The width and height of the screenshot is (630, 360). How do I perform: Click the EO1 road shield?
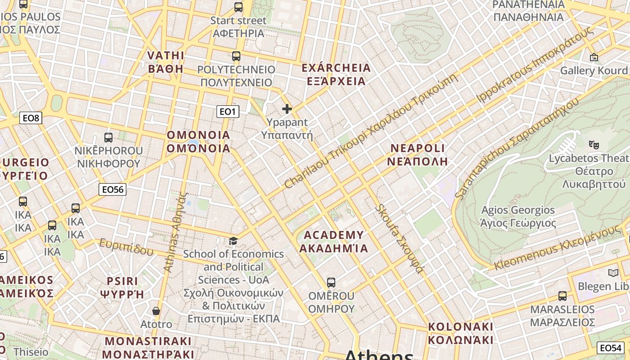[x=228, y=112]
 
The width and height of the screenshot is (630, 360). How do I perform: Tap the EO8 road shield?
[x=31, y=118]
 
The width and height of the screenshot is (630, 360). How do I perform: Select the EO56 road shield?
[x=112, y=189]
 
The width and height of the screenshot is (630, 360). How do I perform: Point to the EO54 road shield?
[x=611, y=348]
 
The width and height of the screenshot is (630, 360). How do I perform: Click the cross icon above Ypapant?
[x=287, y=109]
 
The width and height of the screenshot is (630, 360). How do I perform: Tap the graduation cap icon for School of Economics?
[x=233, y=241]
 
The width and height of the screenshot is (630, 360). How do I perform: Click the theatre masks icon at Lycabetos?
[x=594, y=145]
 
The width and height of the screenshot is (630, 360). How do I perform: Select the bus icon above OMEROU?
[x=331, y=283]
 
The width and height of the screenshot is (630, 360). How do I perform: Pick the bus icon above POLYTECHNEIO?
[x=236, y=56]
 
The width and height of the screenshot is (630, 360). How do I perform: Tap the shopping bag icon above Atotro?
[x=156, y=311]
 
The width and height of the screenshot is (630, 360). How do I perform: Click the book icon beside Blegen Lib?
[x=613, y=273]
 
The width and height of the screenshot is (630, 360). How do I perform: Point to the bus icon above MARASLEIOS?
[x=562, y=296]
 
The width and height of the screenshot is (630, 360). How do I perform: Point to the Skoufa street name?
[x=400, y=238]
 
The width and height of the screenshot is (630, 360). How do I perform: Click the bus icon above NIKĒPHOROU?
[x=108, y=138]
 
